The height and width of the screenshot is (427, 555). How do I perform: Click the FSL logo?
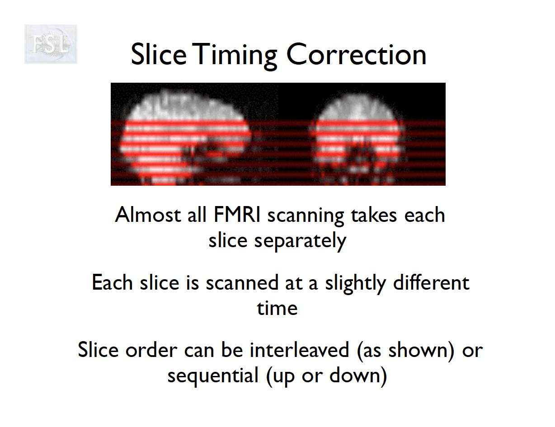[x=51, y=44]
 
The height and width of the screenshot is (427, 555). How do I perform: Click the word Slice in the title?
[x=159, y=54]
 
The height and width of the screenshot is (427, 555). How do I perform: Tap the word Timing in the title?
[x=235, y=56]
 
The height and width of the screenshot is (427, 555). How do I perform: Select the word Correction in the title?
[x=356, y=54]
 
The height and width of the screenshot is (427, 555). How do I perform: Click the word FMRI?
[x=237, y=215]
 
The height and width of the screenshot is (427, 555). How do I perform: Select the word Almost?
[x=148, y=215]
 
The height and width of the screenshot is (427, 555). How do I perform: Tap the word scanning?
[x=306, y=217]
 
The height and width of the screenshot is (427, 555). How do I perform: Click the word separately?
[x=300, y=242]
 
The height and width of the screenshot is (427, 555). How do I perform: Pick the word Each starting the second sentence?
[x=112, y=282]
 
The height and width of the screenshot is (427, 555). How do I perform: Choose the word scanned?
[x=242, y=282]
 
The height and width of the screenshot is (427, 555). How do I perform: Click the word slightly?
[x=355, y=284]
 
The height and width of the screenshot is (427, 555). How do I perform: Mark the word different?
[x=431, y=282]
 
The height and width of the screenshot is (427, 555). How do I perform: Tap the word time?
[x=277, y=308]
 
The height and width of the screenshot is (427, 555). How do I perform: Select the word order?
[x=151, y=350]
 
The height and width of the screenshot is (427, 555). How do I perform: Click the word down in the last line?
[x=355, y=375]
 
